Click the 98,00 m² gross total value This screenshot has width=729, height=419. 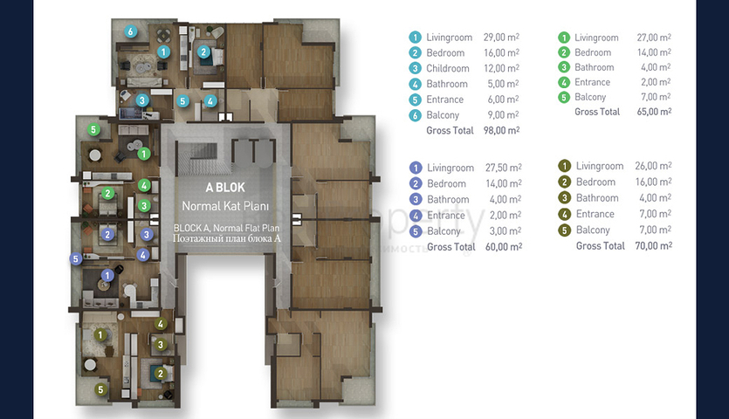(x=501, y=130)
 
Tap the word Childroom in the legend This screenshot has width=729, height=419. (x=448, y=68)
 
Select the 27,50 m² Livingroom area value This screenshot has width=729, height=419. (x=504, y=168)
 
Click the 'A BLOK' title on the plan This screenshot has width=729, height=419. (x=225, y=188)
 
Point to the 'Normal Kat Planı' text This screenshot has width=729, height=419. (x=225, y=206)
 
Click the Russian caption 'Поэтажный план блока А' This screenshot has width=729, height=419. (x=227, y=238)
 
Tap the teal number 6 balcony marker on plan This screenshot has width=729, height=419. (x=131, y=31)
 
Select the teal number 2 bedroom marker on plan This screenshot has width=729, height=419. (x=203, y=52)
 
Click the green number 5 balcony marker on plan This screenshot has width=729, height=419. (x=93, y=129)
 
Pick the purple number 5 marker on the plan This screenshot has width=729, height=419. (x=76, y=258)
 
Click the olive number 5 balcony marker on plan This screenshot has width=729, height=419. (x=101, y=389)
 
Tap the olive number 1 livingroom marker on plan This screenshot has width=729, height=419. (x=100, y=334)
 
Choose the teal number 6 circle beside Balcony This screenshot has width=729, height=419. (x=416, y=115)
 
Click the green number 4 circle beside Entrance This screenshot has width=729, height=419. (x=564, y=82)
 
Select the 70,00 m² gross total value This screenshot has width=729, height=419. (x=653, y=245)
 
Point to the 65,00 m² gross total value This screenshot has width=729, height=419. (x=654, y=112)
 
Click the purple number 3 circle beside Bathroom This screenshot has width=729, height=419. (x=416, y=200)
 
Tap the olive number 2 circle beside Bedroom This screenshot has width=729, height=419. (x=564, y=182)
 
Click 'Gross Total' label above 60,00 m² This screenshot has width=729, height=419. (x=451, y=247)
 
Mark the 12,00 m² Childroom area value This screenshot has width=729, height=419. (x=501, y=68)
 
